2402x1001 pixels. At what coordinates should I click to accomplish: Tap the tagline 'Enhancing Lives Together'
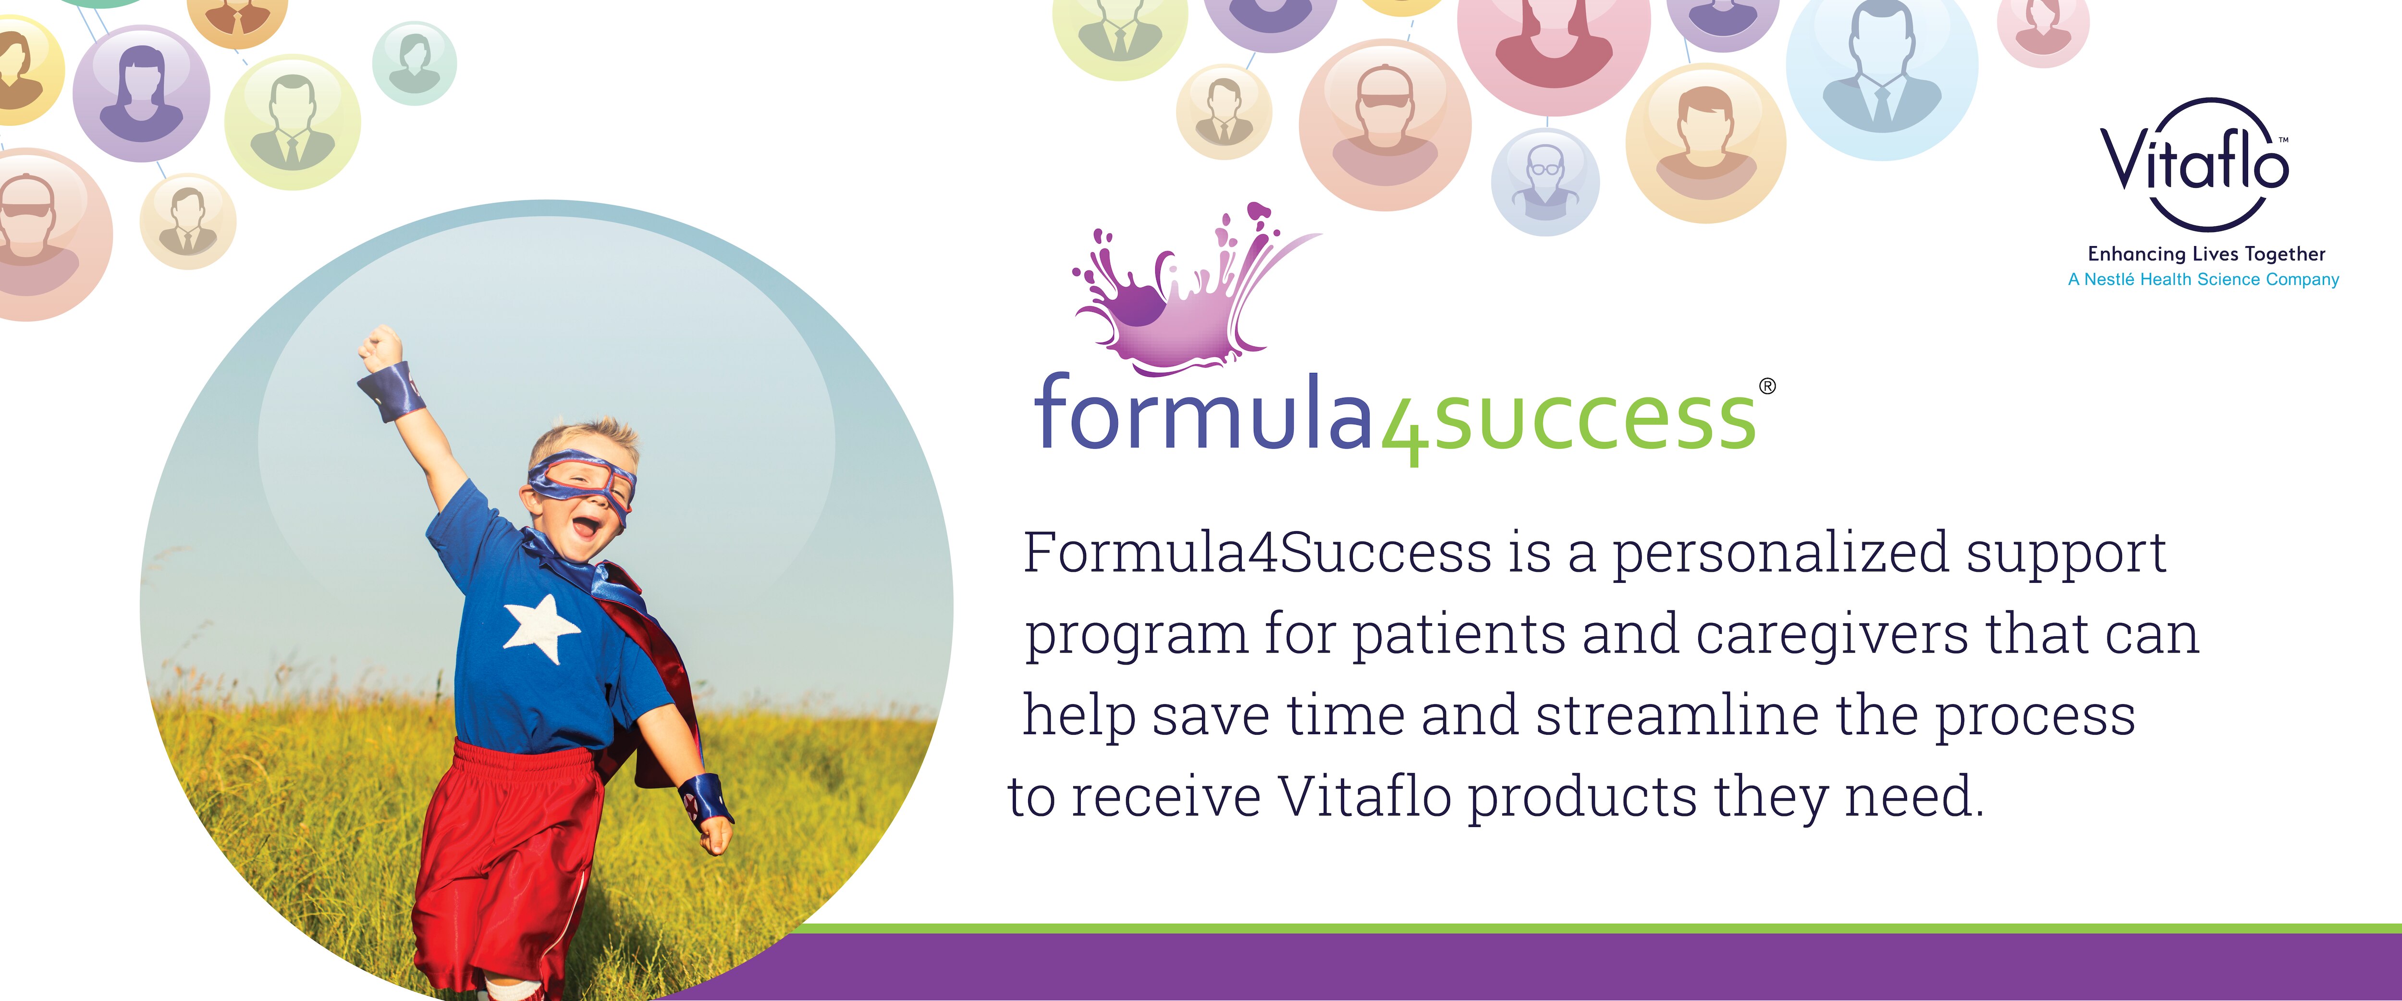pos(2206,254)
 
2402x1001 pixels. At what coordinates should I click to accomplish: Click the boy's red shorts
pos(503,858)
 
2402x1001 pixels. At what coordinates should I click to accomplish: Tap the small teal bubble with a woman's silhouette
pos(415,62)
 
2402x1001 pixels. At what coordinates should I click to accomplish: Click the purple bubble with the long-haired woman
pos(142,93)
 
